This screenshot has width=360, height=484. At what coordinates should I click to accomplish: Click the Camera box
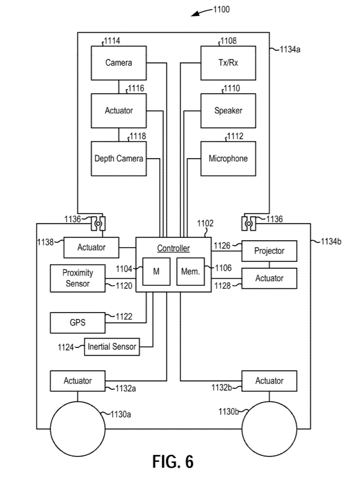pos(118,63)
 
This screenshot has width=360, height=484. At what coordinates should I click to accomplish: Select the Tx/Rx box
pos(228,63)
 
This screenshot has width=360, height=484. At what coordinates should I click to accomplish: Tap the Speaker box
pos(228,111)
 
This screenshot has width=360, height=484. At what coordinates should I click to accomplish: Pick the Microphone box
pos(228,158)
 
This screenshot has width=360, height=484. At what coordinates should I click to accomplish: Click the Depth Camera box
pos(118,158)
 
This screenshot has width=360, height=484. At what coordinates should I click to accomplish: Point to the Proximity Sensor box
pos(78,278)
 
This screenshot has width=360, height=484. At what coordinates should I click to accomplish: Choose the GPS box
pos(78,322)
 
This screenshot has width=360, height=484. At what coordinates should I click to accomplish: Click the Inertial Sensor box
pos(112,347)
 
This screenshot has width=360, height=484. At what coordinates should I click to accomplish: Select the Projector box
pos(269,251)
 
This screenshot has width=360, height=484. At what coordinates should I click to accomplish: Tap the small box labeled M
pos(156,271)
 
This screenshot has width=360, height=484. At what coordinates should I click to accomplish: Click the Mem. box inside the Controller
pos(191,271)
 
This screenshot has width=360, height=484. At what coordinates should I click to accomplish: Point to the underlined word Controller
pos(173,249)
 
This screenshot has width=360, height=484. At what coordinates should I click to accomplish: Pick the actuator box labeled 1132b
pos(269,380)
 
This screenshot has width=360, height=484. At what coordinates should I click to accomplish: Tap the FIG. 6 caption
pos(173,461)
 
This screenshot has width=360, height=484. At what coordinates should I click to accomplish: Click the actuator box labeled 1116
pos(118,111)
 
